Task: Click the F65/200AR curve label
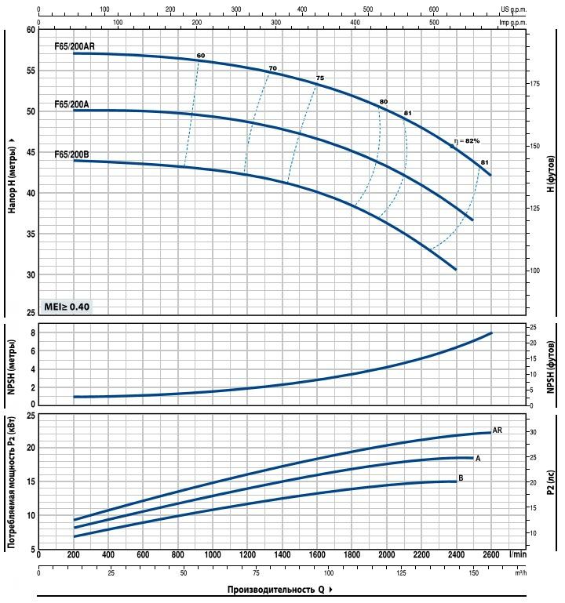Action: [75, 47]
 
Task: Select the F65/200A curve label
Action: [71, 104]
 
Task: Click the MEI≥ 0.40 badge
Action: [67, 307]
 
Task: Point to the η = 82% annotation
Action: [466, 141]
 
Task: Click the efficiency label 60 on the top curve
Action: [201, 56]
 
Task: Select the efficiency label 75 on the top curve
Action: [319, 78]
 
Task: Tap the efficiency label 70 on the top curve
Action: [272, 69]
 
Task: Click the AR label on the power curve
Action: [497, 430]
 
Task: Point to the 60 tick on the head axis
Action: [31, 30]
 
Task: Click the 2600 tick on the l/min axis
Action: [491, 554]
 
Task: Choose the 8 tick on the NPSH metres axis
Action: [34, 333]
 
